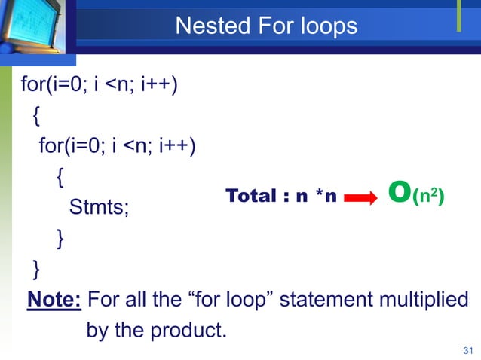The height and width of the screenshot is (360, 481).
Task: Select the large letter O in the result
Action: (399, 194)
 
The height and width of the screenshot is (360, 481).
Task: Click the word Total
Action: (251, 197)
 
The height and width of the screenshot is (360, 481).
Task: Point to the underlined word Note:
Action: (54, 301)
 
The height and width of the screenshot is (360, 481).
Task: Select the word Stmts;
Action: (99, 207)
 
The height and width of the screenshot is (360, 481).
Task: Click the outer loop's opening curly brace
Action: (37, 116)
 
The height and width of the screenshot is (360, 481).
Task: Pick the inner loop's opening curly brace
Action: (60, 178)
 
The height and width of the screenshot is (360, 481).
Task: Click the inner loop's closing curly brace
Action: (60, 239)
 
